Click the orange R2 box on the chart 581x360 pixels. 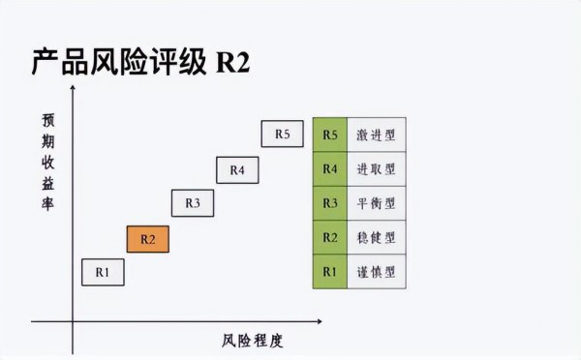tap(148, 238)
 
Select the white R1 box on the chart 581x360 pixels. tap(103, 273)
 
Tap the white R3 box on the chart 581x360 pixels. tap(193, 203)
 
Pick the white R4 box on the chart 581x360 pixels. tap(237, 169)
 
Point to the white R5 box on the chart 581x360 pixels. tap(282, 134)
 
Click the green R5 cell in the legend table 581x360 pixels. tap(330, 135)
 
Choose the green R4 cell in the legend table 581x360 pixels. tap(330, 169)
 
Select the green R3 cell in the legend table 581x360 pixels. tap(330, 203)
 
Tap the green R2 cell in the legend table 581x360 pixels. tap(330, 237)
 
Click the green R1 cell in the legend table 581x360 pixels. tap(330, 271)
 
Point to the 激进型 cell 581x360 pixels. tap(377, 135)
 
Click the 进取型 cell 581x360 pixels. tap(377, 169)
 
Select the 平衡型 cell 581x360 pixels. tap(377, 203)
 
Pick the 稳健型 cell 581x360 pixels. tap(377, 237)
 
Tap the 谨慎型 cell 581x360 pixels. tap(377, 271)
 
